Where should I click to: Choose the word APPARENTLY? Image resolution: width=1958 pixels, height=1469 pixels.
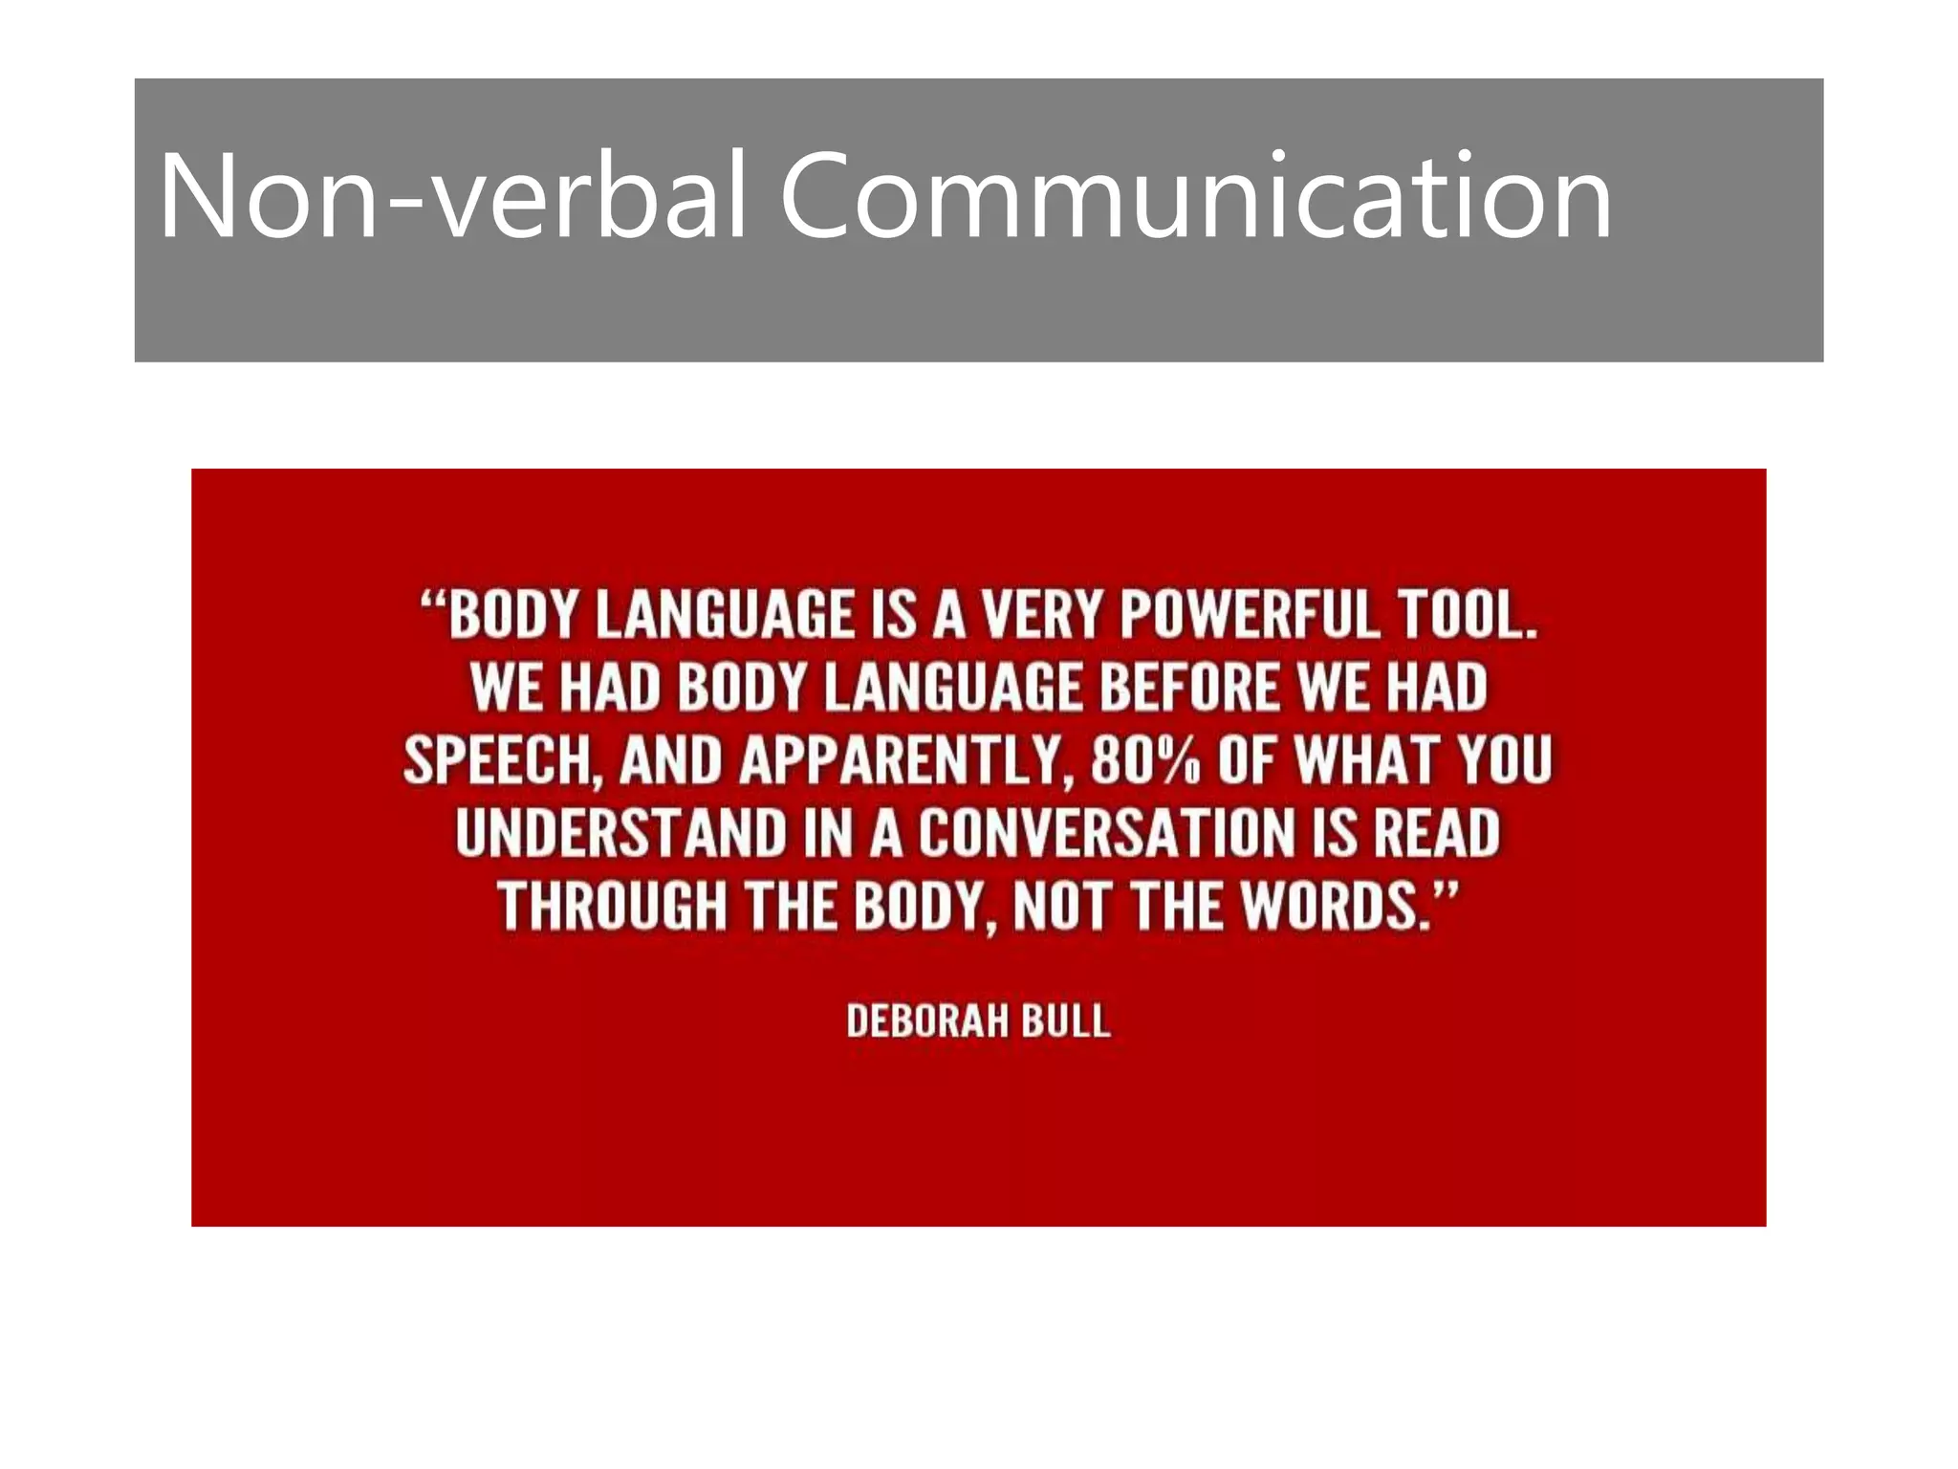(x=901, y=761)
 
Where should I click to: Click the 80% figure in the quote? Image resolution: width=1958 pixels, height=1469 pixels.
(x=1144, y=761)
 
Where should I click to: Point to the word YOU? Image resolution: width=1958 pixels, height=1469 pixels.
(x=1505, y=761)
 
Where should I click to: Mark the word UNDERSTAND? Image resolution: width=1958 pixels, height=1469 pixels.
(x=620, y=833)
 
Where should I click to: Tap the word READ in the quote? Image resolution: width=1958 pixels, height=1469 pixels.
(x=1436, y=833)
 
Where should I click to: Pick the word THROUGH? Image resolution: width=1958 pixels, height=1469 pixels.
(x=612, y=906)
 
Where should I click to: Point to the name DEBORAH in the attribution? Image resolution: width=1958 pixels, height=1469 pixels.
(x=927, y=1021)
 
